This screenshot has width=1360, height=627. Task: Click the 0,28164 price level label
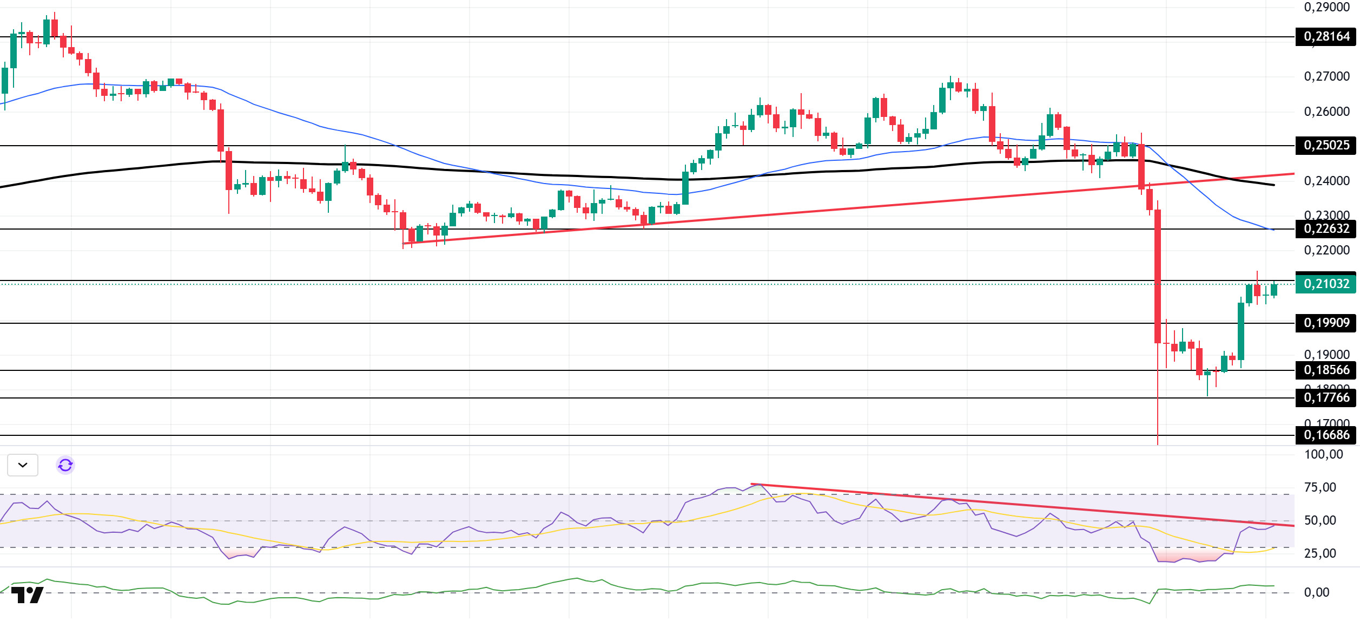[1326, 37]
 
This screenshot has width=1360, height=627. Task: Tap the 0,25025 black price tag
[1326, 146]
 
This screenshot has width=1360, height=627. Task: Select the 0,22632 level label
[1326, 229]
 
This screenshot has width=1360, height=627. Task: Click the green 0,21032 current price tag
[1326, 284]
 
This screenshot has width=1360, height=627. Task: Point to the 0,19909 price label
[1326, 323]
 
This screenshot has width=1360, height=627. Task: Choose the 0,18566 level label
[1326, 370]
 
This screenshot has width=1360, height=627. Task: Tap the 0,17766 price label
[1326, 398]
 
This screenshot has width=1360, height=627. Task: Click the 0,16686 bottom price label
[1326, 435]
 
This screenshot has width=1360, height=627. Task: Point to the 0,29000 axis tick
[1326, 8]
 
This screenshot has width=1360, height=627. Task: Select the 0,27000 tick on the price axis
[1326, 77]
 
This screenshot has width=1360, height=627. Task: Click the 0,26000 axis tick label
[1326, 112]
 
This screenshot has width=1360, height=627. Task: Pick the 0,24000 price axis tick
[1326, 181]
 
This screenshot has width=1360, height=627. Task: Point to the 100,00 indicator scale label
[1323, 455]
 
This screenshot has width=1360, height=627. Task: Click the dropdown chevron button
[23, 465]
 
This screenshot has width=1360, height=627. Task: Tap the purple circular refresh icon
[65, 465]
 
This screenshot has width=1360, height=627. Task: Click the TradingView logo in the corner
[27, 595]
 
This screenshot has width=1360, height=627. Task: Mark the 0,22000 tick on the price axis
[1326, 251]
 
